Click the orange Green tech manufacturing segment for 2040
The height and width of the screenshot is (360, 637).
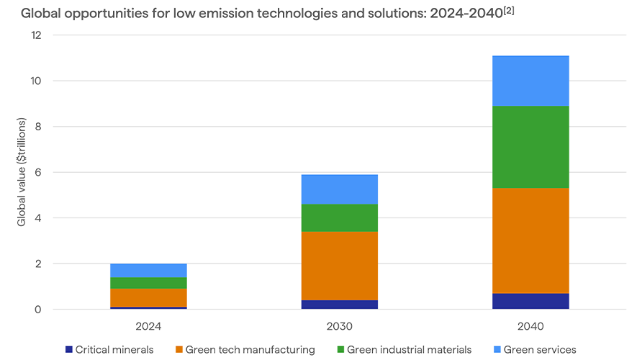click(x=530, y=240)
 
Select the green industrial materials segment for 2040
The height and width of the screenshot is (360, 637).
click(x=530, y=147)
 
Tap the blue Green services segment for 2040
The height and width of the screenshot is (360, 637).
click(x=530, y=81)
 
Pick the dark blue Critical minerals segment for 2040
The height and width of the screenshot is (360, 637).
click(x=530, y=301)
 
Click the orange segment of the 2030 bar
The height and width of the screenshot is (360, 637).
click(x=340, y=266)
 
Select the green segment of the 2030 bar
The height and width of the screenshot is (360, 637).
click(x=340, y=217)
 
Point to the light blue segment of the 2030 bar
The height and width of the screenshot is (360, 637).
click(x=340, y=189)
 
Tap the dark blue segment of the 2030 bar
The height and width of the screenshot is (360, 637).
click(x=340, y=305)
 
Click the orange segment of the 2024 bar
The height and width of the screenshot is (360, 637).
click(x=149, y=297)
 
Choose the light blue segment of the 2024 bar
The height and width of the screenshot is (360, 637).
click(x=149, y=271)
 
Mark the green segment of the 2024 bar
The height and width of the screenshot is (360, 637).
click(x=149, y=283)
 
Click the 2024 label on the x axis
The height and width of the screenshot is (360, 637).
click(x=149, y=326)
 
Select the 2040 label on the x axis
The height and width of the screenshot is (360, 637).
click(x=530, y=326)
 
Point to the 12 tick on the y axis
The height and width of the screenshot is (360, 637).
click(x=37, y=35)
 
